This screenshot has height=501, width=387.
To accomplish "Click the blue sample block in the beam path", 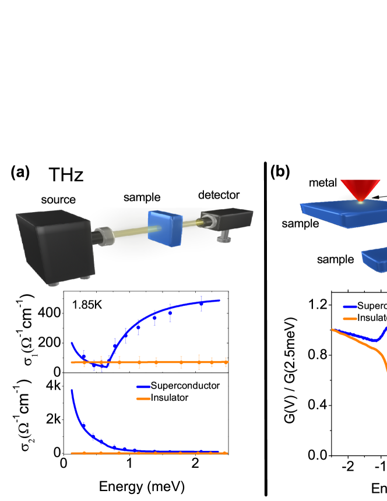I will coord(166,228).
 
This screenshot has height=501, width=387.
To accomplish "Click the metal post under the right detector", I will coord(223,237).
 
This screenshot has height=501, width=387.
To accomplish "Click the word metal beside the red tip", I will coord(323,183).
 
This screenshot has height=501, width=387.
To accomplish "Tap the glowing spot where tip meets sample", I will coord(361,202).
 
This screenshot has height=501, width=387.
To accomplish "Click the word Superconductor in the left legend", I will coord(185,386).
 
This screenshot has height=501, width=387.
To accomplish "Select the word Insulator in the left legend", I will coord(170,397).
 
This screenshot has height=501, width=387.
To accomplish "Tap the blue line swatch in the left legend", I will coord(143,386).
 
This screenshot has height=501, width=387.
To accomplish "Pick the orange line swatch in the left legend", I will coord(143,398).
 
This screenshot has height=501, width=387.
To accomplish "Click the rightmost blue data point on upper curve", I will coord(202,303).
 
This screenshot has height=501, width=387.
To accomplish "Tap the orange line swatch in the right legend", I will coord(350,318).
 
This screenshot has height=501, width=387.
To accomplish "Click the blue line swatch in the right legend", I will coord(350,306).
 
